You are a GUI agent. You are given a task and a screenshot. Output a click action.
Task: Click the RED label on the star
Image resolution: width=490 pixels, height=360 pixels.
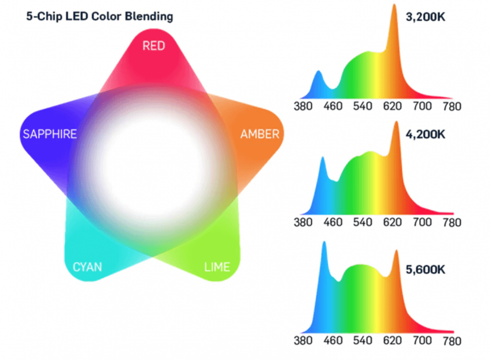153,46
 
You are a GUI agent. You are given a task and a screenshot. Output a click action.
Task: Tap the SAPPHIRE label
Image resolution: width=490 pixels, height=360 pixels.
49,134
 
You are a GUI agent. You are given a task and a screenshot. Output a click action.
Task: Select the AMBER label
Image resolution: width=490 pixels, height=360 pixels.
259,134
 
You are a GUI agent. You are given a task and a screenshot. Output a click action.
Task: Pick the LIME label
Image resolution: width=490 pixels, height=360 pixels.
217,266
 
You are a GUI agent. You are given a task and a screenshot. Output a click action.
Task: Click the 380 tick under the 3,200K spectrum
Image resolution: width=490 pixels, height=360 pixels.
303,106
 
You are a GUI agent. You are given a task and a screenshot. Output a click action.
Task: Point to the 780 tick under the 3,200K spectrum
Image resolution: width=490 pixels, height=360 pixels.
451,106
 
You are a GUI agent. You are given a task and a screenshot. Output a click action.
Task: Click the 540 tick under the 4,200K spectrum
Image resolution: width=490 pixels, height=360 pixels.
362,222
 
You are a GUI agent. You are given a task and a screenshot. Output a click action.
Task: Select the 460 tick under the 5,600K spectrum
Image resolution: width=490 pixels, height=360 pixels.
333,341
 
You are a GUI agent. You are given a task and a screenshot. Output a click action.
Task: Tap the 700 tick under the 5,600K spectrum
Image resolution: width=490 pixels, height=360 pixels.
422,341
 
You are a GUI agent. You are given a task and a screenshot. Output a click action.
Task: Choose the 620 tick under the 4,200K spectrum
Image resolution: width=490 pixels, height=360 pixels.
392,222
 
